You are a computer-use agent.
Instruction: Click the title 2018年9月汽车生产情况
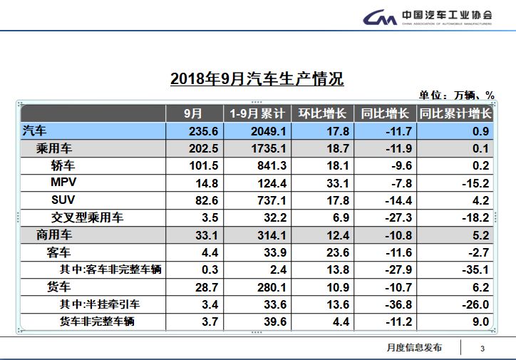(x=257, y=79)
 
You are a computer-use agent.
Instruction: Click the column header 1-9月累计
(x=257, y=113)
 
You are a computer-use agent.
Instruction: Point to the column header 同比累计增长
(x=455, y=113)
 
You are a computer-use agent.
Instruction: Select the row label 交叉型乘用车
(x=87, y=217)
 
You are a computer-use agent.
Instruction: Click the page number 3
(x=483, y=348)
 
